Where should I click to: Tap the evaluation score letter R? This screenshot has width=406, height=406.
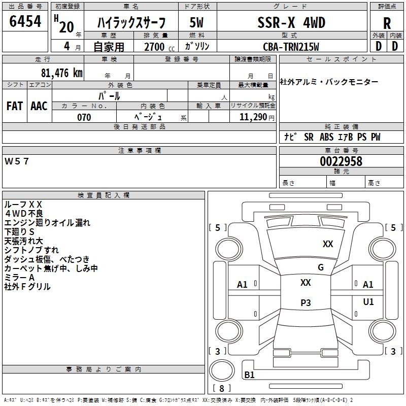[387, 23]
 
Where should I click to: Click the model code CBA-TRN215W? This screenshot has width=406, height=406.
[291, 46]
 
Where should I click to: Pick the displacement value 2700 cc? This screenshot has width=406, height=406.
[155, 47]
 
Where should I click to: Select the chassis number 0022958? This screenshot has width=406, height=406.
[341, 161]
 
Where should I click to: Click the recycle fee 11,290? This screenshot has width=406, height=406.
[253, 117]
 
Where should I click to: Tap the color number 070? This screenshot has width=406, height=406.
[84, 117]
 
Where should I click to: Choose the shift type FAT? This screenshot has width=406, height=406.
[14, 106]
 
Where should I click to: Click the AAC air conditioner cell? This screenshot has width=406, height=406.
[39, 106]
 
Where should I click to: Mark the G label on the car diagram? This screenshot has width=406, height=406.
[321, 267]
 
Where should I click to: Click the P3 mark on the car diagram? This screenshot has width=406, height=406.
[306, 303]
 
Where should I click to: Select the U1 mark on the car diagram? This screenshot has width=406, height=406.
[368, 302]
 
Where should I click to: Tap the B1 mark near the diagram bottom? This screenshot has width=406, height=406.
[249, 375]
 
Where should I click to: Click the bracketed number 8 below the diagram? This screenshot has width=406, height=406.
[221, 389]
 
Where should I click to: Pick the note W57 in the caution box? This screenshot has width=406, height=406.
[17, 161]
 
